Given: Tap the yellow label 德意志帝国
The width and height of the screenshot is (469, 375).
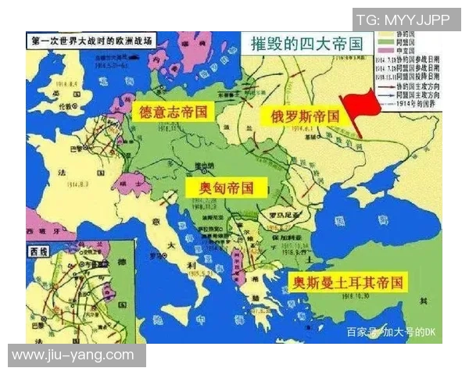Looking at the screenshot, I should click(173, 112).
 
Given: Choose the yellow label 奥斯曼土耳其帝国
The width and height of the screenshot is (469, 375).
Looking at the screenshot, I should click(347, 283).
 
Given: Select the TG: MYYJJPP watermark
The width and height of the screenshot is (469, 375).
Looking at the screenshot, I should click(408, 19).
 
